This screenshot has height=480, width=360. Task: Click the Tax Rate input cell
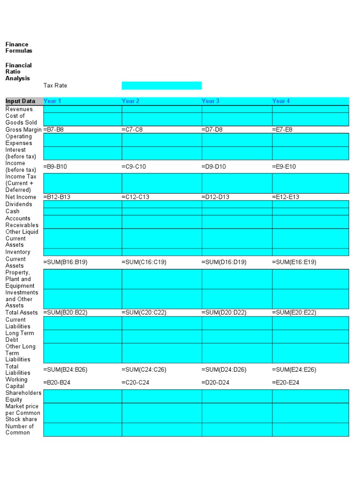click(x=161, y=85)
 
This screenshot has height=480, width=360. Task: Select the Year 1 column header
click(x=52, y=101)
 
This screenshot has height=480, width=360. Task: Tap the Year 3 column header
click(x=210, y=101)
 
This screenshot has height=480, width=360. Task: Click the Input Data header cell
click(x=21, y=101)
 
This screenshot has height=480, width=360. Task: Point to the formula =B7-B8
click(x=53, y=129)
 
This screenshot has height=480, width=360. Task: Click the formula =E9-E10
click(x=284, y=166)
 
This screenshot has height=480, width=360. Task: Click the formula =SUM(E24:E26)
click(x=294, y=369)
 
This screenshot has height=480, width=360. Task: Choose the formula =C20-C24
click(x=135, y=382)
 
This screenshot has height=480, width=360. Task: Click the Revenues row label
click(x=19, y=109)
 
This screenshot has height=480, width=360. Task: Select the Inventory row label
click(x=18, y=252)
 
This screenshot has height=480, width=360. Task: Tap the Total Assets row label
click(x=22, y=312)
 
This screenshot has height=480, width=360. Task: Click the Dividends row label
click(x=19, y=204)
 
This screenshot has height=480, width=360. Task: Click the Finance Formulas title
click(x=19, y=47)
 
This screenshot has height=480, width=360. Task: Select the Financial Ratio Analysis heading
click(x=19, y=72)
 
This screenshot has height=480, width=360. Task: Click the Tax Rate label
click(x=55, y=85)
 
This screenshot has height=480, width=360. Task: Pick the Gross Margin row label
click(x=23, y=129)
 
